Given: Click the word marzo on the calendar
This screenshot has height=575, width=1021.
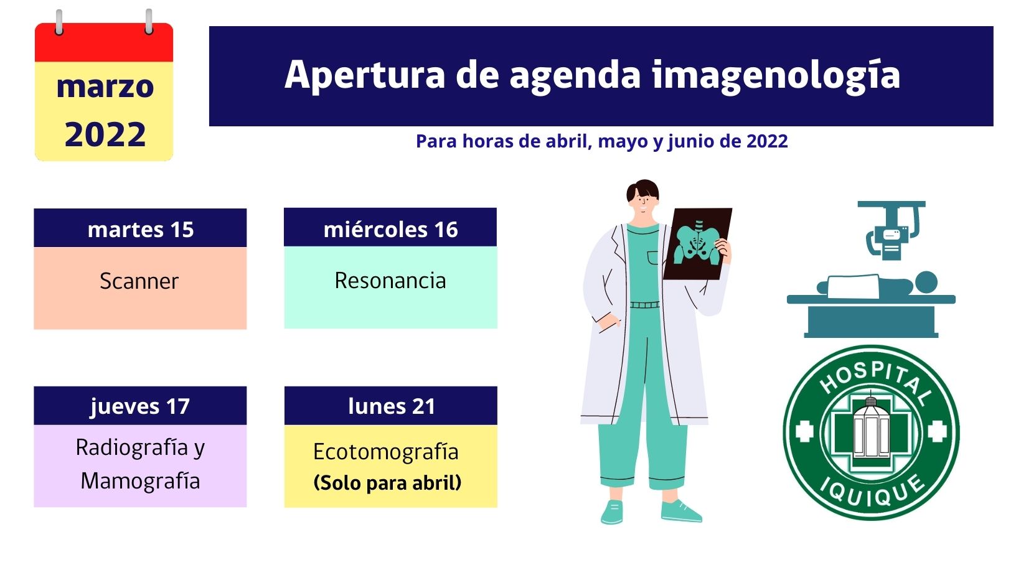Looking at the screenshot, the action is [x=105, y=86].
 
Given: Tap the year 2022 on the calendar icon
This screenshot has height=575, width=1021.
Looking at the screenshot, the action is [x=105, y=134].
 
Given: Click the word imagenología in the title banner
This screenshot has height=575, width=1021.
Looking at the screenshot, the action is [x=776, y=76].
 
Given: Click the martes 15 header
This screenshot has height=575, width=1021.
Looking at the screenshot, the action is [x=141, y=229].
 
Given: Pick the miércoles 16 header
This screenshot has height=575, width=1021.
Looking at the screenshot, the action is [x=390, y=229].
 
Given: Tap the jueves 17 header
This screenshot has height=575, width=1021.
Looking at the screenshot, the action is [x=139, y=406].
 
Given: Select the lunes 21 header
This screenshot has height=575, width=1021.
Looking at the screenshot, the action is [x=391, y=406].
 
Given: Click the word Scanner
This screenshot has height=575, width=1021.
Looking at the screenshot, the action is [x=139, y=281].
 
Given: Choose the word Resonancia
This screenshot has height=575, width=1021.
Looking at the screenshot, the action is [x=390, y=280].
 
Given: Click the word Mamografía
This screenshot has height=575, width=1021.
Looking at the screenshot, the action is [x=141, y=480].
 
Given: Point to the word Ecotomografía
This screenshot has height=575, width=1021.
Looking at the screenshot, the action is [x=385, y=452].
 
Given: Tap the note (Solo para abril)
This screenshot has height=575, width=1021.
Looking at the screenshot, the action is [x=387, y=482].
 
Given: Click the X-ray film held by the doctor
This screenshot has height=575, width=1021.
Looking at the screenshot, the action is [x=697, y=244].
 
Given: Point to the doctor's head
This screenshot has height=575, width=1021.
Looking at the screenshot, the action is [x=642, y=197].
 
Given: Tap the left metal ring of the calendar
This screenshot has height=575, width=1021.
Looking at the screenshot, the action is [x=59, y=21].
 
